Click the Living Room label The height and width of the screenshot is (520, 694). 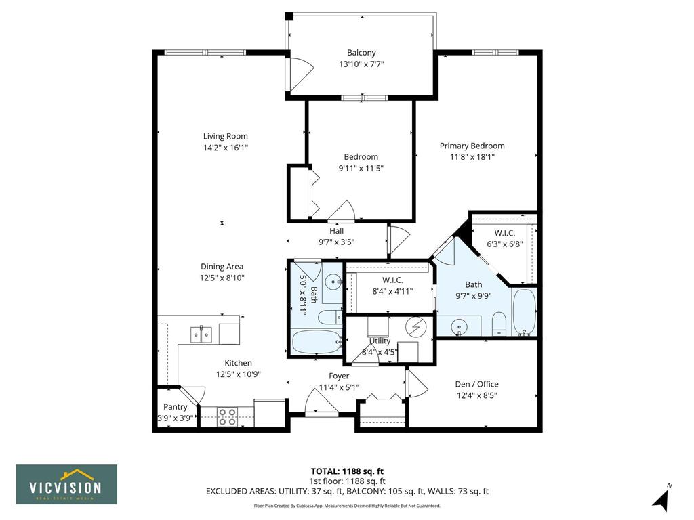coord(225,136)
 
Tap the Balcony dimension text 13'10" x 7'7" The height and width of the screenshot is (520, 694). coord(361,64)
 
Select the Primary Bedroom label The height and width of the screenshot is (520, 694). coord(472,146)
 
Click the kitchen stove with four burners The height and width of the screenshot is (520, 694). coord(227,417)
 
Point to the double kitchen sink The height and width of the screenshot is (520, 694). coord(201,334)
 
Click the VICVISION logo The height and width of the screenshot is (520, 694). coord(66,484)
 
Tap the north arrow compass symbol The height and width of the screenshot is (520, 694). coord(661,499)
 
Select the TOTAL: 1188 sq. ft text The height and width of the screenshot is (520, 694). coord(347,471)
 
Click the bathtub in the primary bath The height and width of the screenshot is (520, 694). coord(525,312)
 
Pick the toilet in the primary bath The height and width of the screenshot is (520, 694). coord(499,324)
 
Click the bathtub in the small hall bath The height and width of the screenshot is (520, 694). coord(317,342)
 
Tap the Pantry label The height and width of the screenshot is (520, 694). coord(176,407)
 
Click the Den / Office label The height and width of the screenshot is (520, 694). coord(476,385)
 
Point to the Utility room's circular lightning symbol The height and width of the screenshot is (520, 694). coord(416,328)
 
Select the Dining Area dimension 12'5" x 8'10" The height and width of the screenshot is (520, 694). coord(222,278)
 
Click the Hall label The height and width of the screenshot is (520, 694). coord(336,231)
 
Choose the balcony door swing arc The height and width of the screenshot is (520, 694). coord(302,70)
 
